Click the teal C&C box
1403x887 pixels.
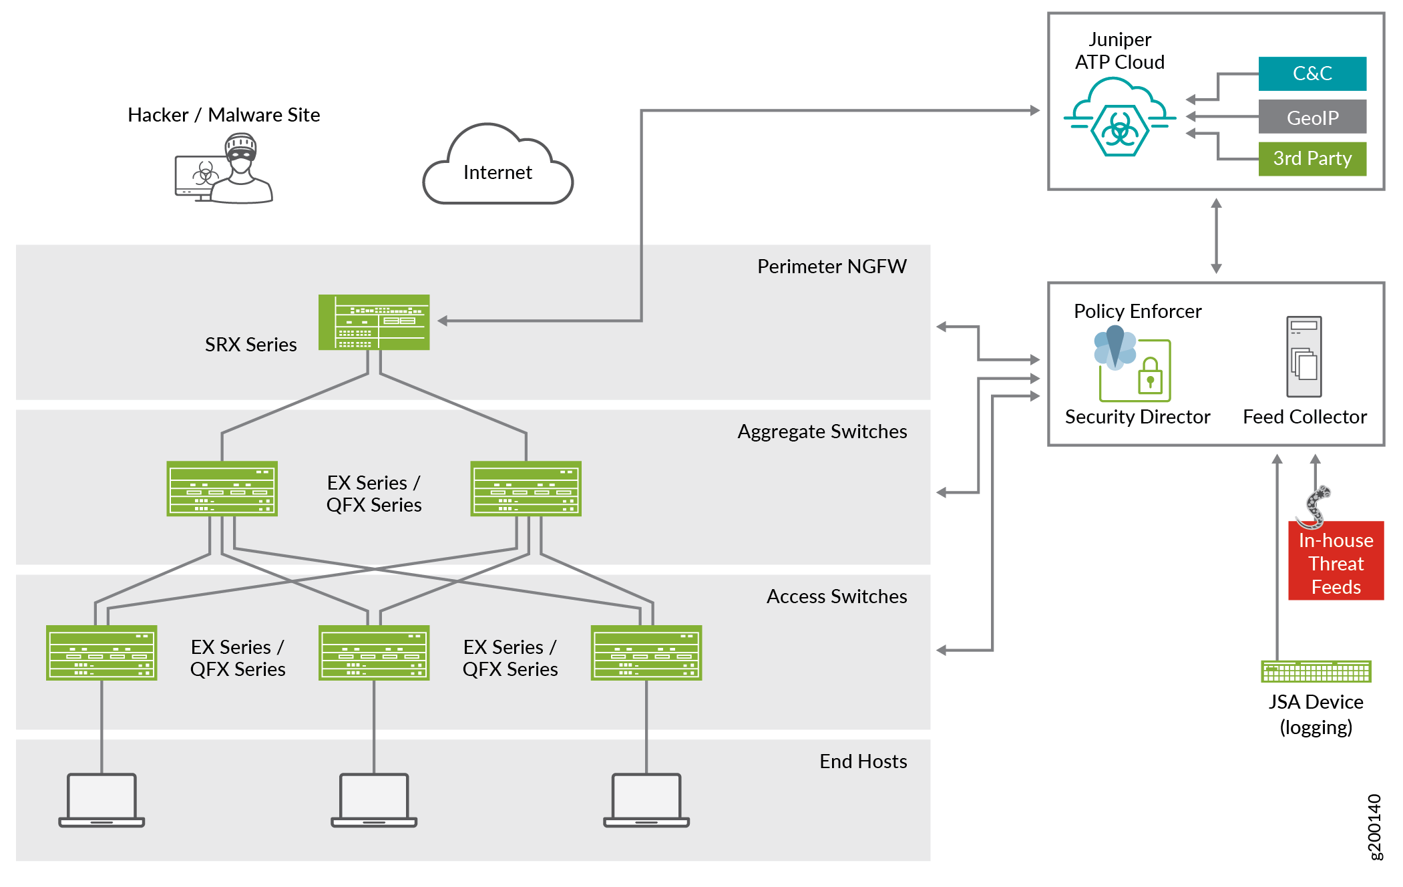(x=1312, y=73)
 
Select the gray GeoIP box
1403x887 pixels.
(x=1312, y=117)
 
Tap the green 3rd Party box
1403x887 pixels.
(x=1312, y=159)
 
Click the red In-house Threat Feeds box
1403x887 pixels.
(x=1336, y=562)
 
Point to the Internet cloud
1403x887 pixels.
(x=497, y=170)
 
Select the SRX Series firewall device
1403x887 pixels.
(x=374, y=322)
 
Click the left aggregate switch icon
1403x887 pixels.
(x=222, y=488)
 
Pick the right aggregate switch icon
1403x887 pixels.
(x=526, y=488)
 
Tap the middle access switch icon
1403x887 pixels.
(x=374, y=653)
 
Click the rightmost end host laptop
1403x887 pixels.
(x=646, y=800)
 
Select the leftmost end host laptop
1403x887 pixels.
(x=102, y=800)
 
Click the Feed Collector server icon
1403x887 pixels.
(x=1304, y=357)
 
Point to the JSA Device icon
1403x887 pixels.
(x=1316, y=671)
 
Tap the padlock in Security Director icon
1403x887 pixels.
(x=1150, y=377)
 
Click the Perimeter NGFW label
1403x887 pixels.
(x=831, y=267)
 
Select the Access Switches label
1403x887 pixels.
(x=836, y=596)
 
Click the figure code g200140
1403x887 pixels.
(x=1375, y=827)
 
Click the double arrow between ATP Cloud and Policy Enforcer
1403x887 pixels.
(x=1216, y=236)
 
